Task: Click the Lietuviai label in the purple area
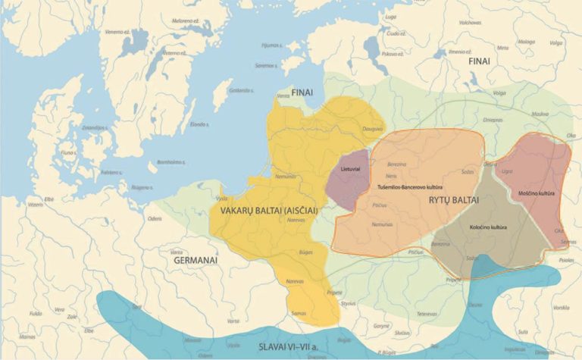tap(350, 167)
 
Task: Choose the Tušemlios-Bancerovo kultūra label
tap(410, 186)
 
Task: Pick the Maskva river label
tap(540, 114)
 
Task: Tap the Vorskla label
tap(562, 307)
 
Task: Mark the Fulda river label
tap(36, 311)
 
